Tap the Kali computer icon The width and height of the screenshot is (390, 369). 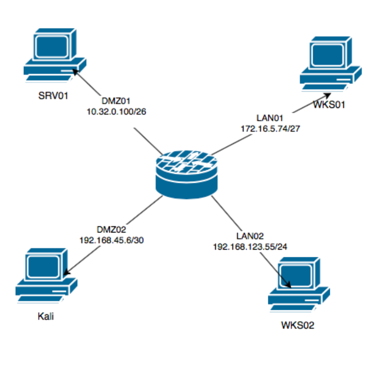[x=46, y=275]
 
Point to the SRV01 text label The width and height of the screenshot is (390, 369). [x=53, y=95]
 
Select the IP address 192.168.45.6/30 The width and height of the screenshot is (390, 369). [x=112, y=241]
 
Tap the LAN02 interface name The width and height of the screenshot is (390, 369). [x=246, y=236]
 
